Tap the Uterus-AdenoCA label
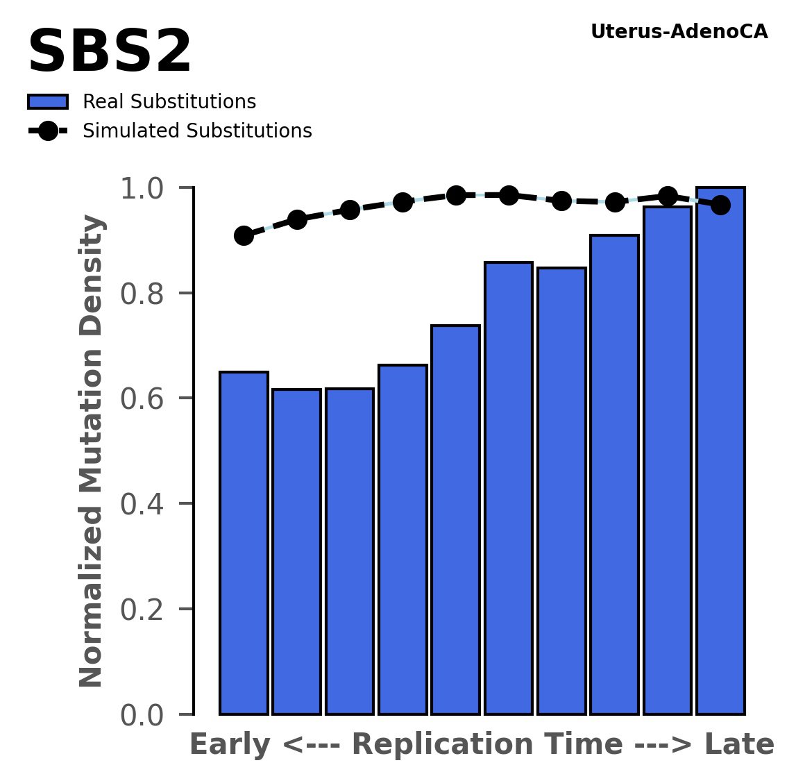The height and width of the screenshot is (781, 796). pos(679,32)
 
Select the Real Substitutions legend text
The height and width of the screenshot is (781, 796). pos(169,102)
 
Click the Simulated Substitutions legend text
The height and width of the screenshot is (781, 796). pos(197,131)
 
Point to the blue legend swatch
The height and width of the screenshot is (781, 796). pos(48,102)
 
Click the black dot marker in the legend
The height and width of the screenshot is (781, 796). pos(48,131)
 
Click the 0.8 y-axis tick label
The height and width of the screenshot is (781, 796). pos(142,294)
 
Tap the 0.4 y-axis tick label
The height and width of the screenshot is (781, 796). pos(142,504)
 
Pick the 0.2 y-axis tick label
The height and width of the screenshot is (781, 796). pos(142,610)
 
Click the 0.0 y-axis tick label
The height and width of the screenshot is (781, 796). pos(142,715)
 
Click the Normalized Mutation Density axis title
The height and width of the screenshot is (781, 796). pos(92,451)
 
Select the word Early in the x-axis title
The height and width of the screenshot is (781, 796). pos(230,745)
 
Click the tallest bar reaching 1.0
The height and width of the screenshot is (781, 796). pos(720,451)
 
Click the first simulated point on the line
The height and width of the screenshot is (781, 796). pos(244,235)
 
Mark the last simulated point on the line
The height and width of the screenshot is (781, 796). pos(720,205)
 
